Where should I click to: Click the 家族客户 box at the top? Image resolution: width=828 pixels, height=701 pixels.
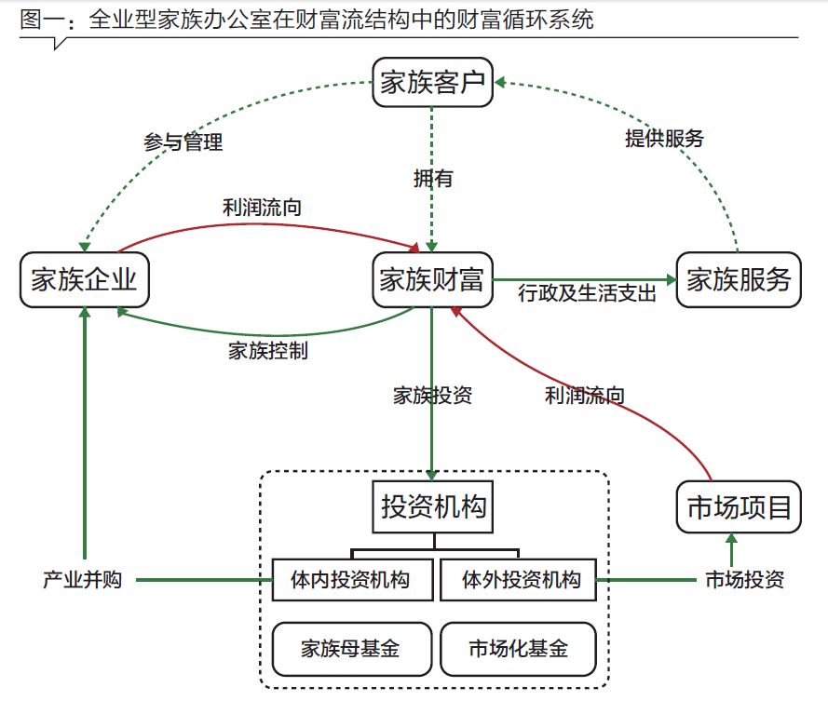click(432, 83)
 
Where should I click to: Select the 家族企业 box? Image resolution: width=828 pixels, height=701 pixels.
click(84, 279)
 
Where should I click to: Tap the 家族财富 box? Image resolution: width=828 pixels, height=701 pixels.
click(432, 279)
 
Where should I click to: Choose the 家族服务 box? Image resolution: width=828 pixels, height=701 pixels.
click(738, 279)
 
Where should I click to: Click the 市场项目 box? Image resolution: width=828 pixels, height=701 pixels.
click(738, 507)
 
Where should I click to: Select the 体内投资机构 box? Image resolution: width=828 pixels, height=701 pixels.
click(353, 581)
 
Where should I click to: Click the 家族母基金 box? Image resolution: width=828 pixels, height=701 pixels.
click(351, 648)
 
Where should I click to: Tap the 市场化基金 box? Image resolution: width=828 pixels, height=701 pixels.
click(518, 648)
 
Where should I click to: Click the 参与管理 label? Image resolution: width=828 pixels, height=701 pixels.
click(183, 142)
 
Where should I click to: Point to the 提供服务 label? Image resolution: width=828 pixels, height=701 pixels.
click(663, 139)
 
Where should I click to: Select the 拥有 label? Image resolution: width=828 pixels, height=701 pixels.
click(433, 179)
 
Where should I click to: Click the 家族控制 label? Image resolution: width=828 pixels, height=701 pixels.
click(268, 351)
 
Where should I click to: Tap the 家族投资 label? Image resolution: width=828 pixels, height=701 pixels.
click(433, 395)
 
